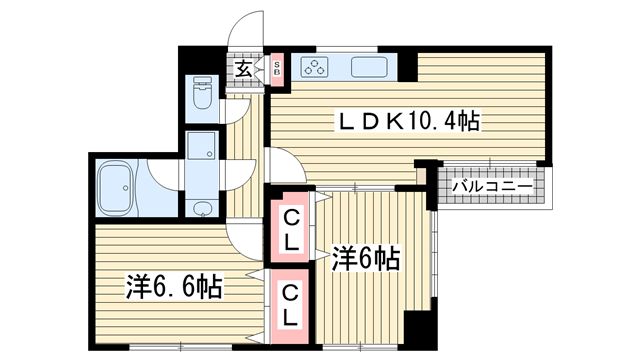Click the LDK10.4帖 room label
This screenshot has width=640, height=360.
click(x=408, y=121)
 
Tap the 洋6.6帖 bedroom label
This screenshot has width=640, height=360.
click(x=174, y=287)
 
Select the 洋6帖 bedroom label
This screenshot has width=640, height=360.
click(x=365, y=258)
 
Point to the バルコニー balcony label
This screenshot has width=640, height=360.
click(x=492, y=187)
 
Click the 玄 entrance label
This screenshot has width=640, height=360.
click(x=244, y=69)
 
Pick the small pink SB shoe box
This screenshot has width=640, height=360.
click(x=277, y=69)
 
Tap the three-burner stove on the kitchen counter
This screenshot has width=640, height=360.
click(x=314, y=67)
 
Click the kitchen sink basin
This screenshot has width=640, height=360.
click(x=369, y=67)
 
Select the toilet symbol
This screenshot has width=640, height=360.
click(x=202, y=93)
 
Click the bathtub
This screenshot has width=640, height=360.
click(x=116, y=188)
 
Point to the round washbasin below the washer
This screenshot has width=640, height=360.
click(x=201, y=209)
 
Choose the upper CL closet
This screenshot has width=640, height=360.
click(x=291, y=229)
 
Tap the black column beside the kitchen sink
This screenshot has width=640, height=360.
click(x=407, y=66)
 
